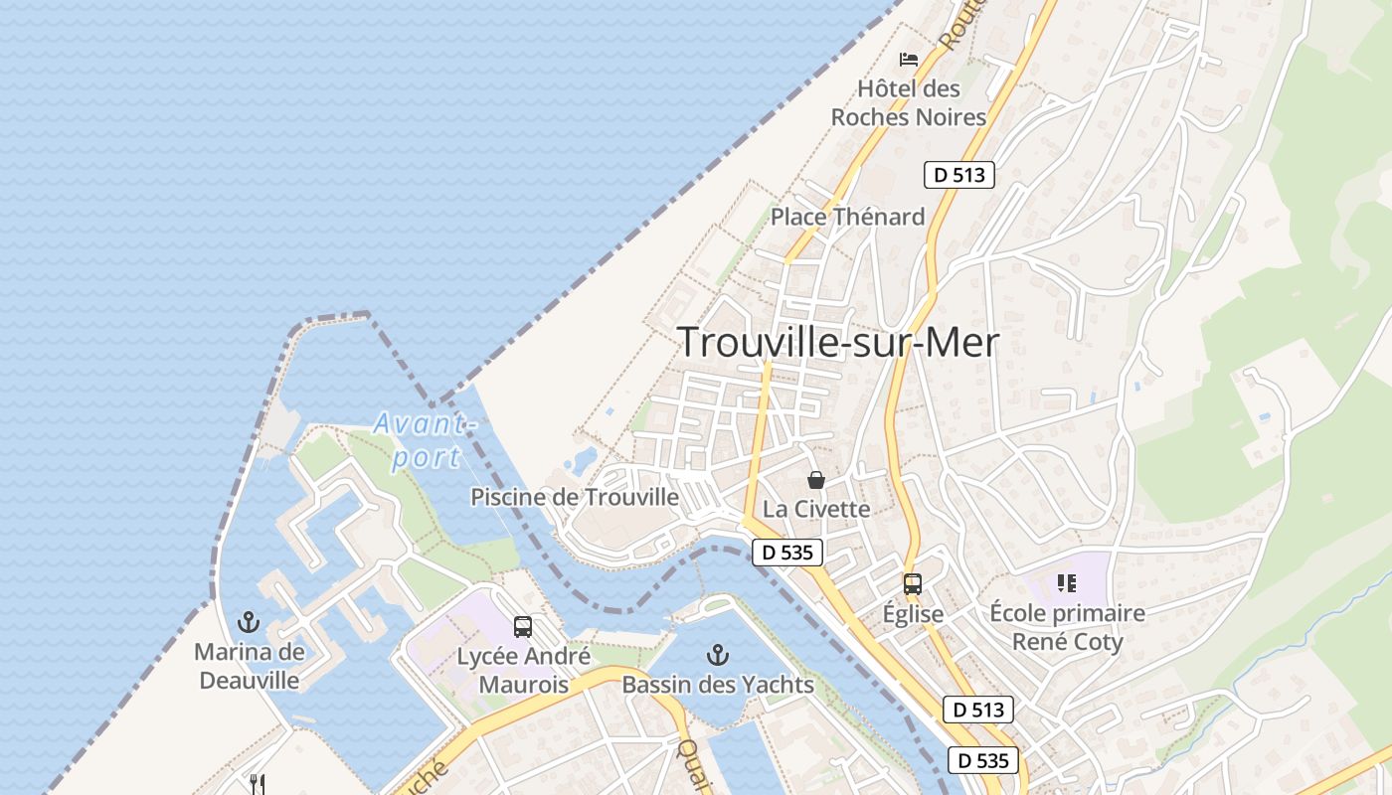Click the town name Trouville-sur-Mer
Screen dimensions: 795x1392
click(838, 342)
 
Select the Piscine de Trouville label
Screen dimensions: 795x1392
click(575, 497)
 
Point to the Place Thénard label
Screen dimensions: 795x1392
click(848, 217)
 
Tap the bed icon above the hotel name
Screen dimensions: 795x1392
click(909, 59)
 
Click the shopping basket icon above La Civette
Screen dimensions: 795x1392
click(816, 480)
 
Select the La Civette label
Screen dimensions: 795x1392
click(816, 509)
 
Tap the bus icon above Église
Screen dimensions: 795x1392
click(913, 584)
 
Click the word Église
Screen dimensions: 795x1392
click(913, 614)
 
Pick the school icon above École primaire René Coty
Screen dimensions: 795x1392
click(1067, 583)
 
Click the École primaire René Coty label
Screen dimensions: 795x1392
click(1068, 627)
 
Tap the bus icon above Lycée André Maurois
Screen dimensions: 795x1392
click(523, 627)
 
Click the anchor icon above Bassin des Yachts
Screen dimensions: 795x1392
click(717, 654)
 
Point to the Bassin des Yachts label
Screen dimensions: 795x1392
click(718, 685)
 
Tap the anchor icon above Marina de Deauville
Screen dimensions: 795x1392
click(249, 623)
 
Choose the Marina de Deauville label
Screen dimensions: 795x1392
click(249, 667)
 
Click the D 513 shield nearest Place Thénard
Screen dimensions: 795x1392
click(959, 175)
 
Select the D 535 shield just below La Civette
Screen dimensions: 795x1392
click(787, 553)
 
